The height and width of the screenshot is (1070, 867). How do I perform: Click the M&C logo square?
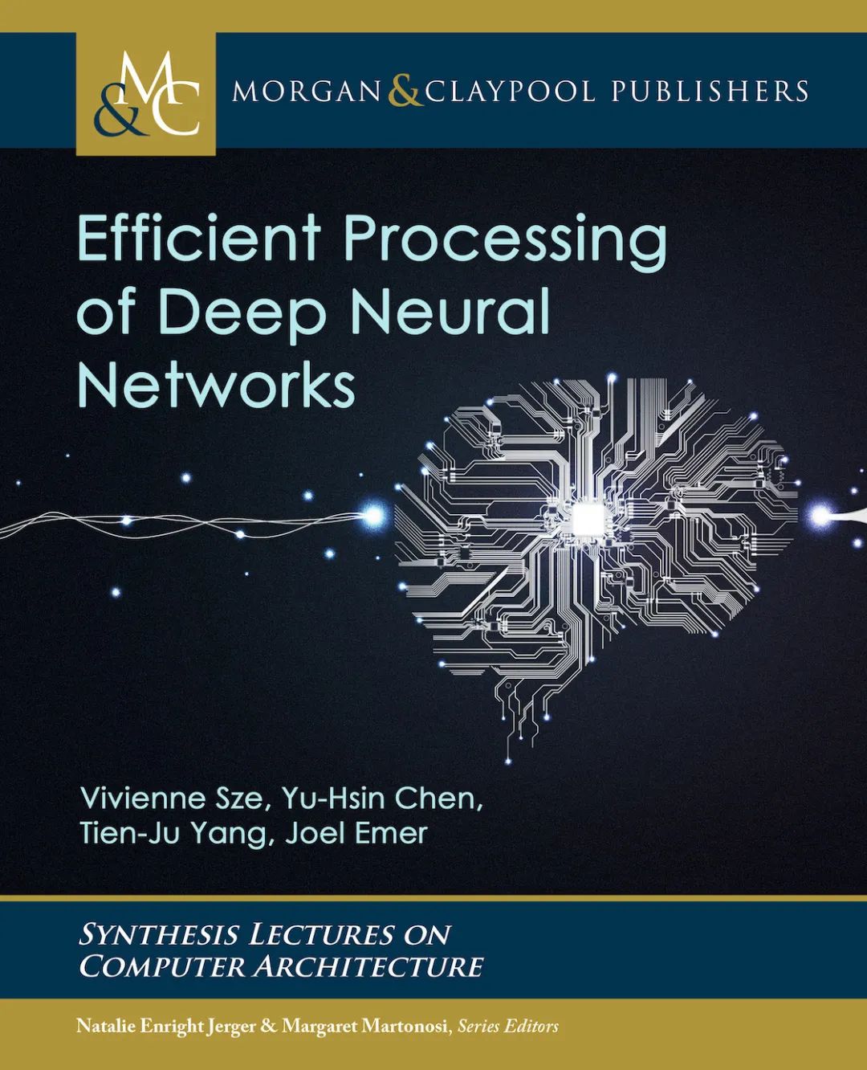(x=146, y=93)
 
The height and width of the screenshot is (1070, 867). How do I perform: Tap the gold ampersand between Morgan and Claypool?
(x=404, y=91)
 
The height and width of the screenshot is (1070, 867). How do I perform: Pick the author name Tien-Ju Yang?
(x=172, y=834)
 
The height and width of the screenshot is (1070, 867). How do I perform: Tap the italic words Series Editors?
(x=507, y=1026)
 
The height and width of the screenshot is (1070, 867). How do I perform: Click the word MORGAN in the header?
(x=307, y=91)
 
